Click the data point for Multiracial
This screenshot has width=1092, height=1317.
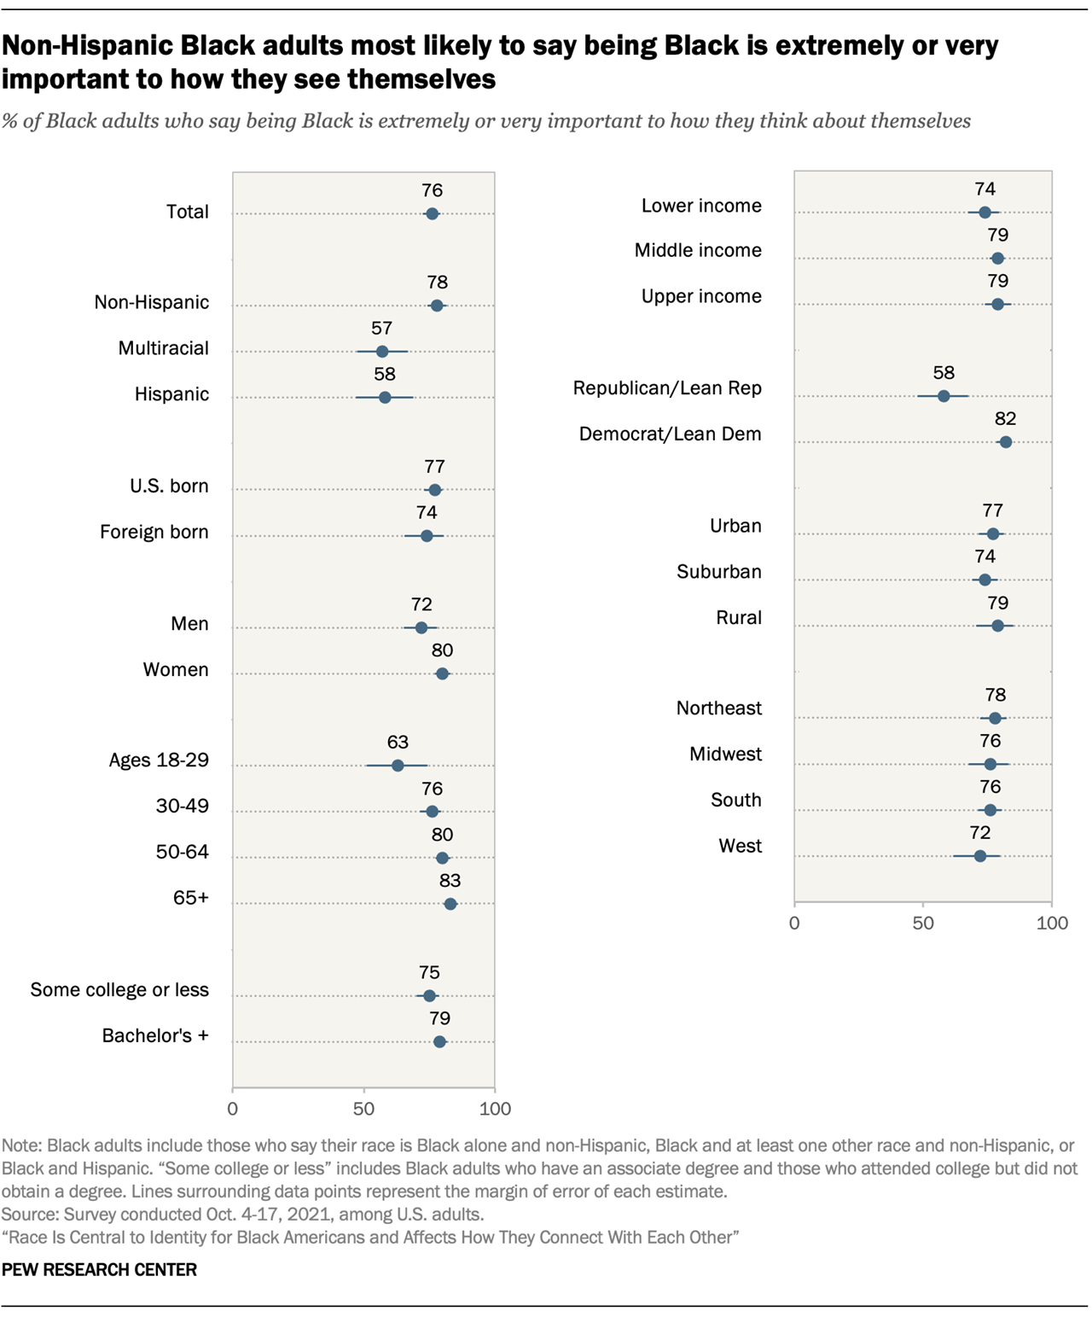(x=381, y=352)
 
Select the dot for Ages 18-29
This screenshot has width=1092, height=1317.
(x=398, y=766)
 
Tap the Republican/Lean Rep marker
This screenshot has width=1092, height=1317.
(x=944, y=396)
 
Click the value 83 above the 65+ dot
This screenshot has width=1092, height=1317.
(x=450, y=881)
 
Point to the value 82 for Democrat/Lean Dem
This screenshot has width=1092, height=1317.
(x=1005, y=419)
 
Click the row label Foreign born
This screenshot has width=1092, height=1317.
(x=154, y=533)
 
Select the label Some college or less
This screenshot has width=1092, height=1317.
(x=119, y=990)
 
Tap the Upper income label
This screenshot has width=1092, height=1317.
(x=701, y=296)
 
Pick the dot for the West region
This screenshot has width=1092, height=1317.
(x=980, y=856)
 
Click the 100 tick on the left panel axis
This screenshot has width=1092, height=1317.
(x=495, y=1109)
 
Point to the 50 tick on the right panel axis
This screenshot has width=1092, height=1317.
(x=923, y=924)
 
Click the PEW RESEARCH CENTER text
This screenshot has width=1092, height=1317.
(x=99, y=1270)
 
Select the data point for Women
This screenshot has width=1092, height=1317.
(x=442, y=673)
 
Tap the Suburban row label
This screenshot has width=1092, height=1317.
(x=718, y=572)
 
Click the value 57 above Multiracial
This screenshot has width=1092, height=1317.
(x=381, y=329)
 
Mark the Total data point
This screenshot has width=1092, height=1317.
(x=432, y=213)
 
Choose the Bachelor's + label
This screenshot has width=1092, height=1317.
(x=155, y=1036)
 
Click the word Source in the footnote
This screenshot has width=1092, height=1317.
(x=24, y=1215)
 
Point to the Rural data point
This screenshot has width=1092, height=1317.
(x=997, y=626)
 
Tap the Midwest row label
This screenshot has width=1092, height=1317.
(x=725, y=755)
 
